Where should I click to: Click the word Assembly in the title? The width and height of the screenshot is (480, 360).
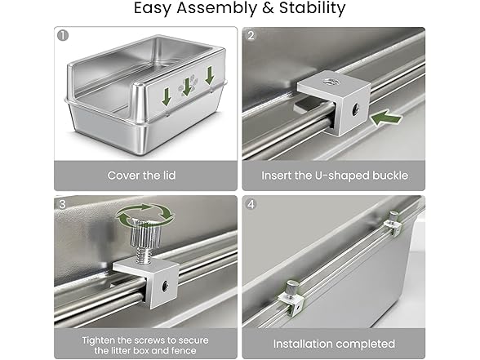[216, 8]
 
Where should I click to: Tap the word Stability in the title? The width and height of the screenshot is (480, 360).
[312, 7]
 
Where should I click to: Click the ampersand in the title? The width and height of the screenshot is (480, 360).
[268, 7]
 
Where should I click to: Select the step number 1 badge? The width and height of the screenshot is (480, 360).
[63, 36]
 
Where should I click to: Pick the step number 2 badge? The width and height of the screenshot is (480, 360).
[251, 36]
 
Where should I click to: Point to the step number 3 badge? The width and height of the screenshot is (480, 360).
[62, 204]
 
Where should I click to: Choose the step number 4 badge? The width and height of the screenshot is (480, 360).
[251, 204]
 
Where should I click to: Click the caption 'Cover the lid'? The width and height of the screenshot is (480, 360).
[141, 176]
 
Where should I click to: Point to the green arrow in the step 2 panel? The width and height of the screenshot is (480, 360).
[386, 118]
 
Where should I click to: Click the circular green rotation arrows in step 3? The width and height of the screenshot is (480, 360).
[144, 215]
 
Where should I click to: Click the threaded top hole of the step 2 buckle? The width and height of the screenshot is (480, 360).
[329, 82]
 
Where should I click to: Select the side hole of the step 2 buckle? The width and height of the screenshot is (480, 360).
[355, 108]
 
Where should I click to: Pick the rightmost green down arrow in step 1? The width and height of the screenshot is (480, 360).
[209, 76]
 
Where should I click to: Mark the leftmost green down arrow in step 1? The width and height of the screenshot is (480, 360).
[167, 96]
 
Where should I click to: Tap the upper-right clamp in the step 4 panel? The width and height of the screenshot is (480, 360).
[393, 224]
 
